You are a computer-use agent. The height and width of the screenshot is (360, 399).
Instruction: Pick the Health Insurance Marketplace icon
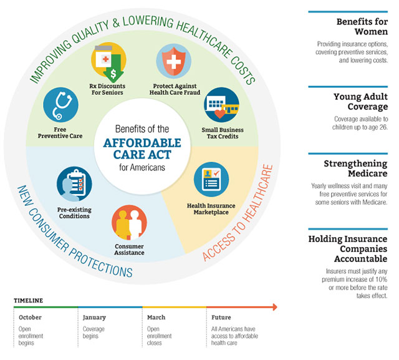click(211, 179)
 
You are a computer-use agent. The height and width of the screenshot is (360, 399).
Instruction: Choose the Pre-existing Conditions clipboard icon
click(74, 183)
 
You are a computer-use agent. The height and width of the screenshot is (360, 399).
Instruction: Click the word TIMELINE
click(28, 301)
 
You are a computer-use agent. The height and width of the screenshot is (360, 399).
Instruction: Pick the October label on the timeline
click(29, 318)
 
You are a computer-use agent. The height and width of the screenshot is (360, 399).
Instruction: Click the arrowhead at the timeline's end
click(272, 306)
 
